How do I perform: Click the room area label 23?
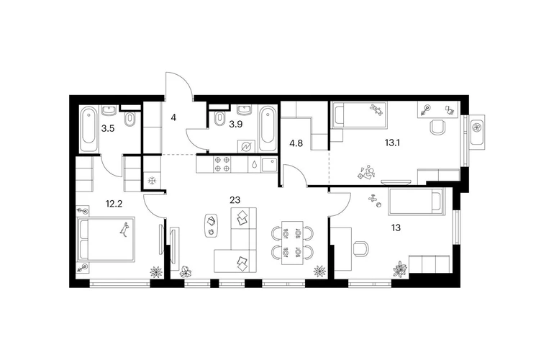235,200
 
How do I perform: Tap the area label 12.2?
114,204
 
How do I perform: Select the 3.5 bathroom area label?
108,128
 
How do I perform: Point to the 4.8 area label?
296,143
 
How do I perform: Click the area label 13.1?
392,143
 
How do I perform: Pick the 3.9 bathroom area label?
236,124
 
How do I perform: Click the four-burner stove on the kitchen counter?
222,164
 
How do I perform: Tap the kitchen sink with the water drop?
254,164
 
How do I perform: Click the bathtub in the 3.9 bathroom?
267,128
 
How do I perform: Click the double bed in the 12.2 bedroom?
106,240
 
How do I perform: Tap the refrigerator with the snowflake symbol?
153,180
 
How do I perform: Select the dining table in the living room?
292,243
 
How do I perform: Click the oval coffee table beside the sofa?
212,226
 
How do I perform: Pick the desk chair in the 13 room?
361,248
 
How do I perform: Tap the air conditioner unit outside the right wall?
477,130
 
